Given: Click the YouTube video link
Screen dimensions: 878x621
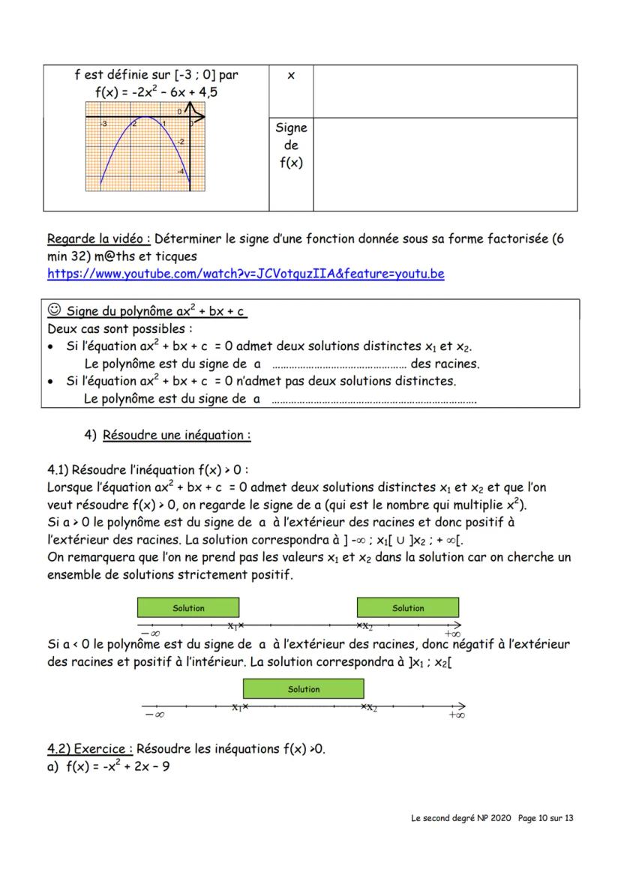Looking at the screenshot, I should pyautogui.click(x=245, y=274).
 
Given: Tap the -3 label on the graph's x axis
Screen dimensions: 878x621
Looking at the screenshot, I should pyautogui.click(x=104, y=123).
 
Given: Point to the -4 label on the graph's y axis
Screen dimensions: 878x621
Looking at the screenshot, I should pyautogui.click(x=180, y=172).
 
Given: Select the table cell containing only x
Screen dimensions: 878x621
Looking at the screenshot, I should pyautogui.click(x=291, y=76).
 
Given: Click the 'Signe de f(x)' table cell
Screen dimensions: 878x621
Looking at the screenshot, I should pyautogui.click(x=291, y=145).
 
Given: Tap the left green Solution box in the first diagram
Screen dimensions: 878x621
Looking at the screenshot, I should pyautogui.click(x=188, y=608).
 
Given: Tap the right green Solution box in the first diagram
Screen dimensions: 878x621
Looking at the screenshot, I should pyautogui.click(x=407, y=608).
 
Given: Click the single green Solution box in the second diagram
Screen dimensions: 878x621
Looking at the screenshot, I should pyautogui.click(x=303, y=689).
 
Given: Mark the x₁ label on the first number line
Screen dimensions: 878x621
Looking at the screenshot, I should pyautogui.click(x=233, y=626).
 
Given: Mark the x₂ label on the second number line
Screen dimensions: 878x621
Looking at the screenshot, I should pyautogui.click(x=370, y=708).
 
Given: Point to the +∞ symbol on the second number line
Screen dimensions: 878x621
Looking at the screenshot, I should pyautogui.click(x=455, y=715).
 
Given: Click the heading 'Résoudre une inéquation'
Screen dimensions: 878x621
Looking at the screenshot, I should pyautogui.click(x=176, y=435).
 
